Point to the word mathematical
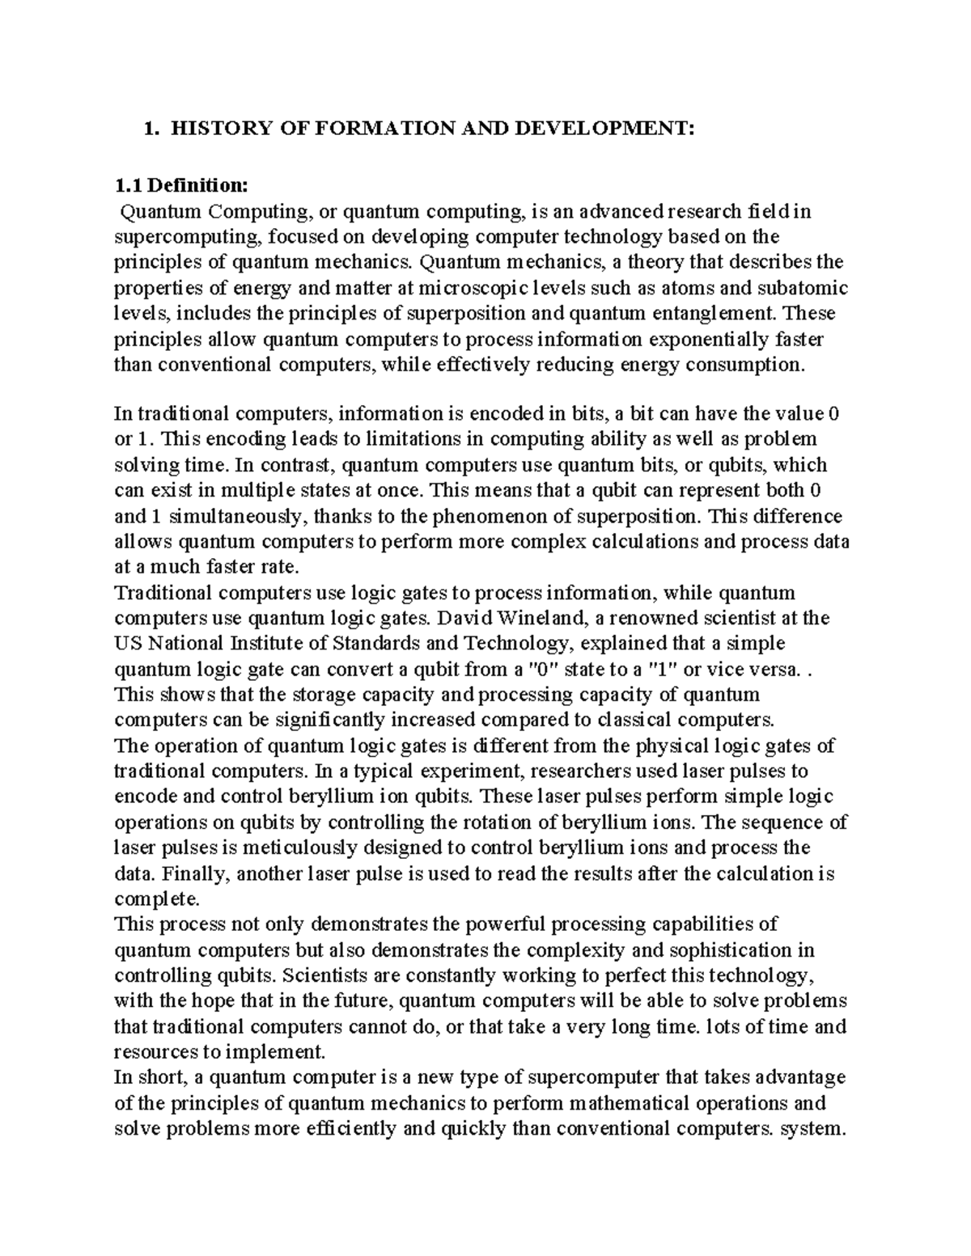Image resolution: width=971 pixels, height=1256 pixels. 642,1103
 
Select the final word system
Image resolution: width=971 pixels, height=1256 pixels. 812,1128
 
